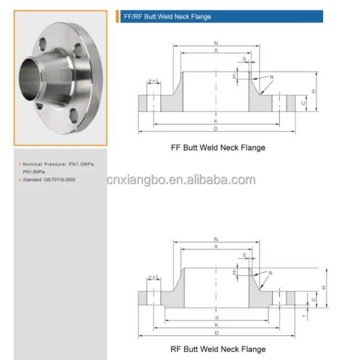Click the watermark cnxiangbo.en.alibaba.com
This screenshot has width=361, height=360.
tap(181, 180)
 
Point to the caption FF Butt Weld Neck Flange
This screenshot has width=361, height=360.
tap(218, 147)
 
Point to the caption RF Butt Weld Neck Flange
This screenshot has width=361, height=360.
tap(218, 349)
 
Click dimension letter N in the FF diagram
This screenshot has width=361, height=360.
tap(216, 43)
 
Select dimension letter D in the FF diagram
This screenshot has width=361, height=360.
tap(216, 129)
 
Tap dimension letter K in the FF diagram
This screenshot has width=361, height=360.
tap(216, 121)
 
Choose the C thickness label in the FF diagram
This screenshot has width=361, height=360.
tap(304, 103)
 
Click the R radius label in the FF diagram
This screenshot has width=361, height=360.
tap(272, 77)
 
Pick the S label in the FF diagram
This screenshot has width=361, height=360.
tap(245, 59)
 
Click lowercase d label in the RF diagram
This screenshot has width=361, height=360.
tap(216, 317)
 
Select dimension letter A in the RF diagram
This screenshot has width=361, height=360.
tap(216, 247)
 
